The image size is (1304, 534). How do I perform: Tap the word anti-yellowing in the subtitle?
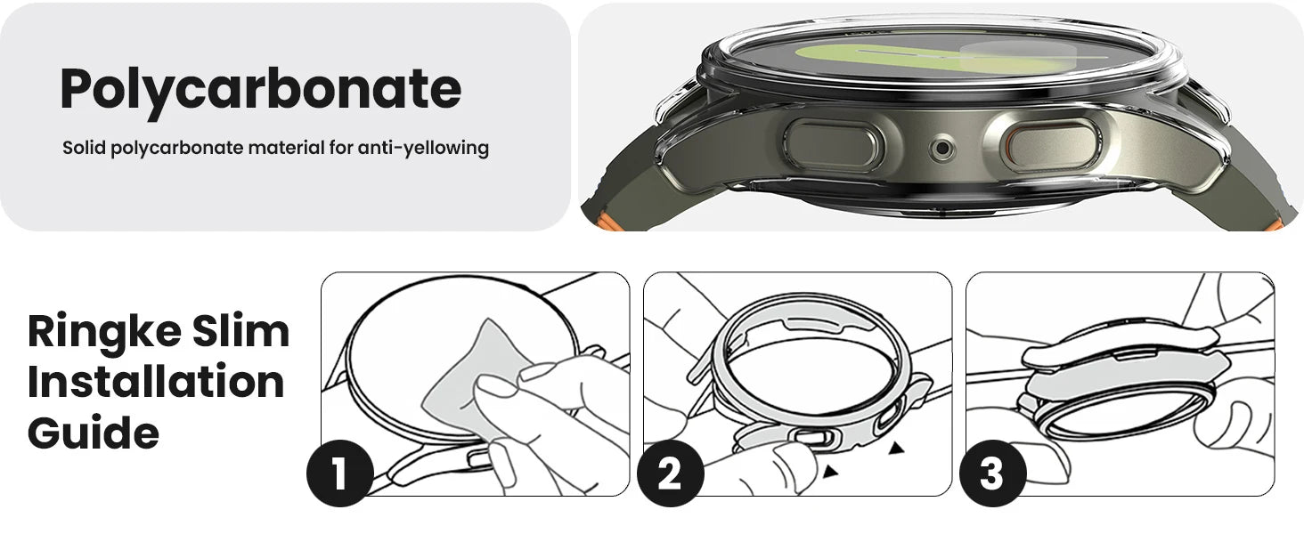pyautogui.click(x=423, y=148)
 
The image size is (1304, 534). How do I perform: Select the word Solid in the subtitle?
pyautogui.click(x=85, y=147)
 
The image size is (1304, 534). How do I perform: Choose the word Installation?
pyautogui.click(x=156, y=381)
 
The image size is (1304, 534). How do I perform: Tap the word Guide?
pyautogui.click(x=94, y=433)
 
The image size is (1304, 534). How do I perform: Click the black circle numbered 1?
pyautogui.click(x=340, y=473)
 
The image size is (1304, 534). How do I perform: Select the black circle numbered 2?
pyautogui.click(x=670, y=473)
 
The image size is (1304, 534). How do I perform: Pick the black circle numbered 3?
pyautogui.click(x=992, y=473)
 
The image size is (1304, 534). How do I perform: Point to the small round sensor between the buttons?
pyautogui.click(x=941, y=150)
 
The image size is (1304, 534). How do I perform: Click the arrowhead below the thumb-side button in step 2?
pyautogui.click(x=830, y=471)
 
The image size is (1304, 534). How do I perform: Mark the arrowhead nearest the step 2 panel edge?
pyautogui.click(x=896, y=448)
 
